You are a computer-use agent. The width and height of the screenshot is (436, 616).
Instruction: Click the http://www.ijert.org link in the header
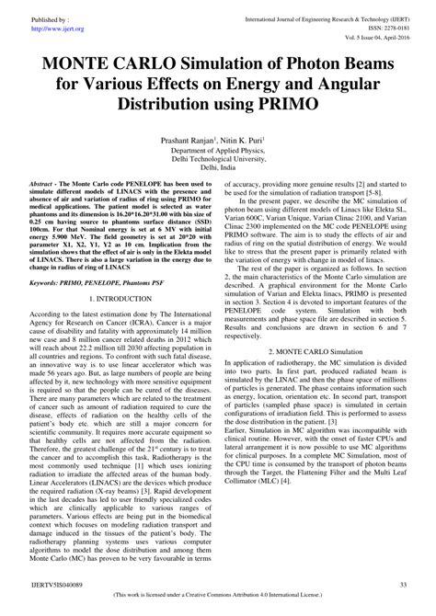56,28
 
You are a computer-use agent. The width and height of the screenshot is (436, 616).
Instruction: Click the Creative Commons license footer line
217,600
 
